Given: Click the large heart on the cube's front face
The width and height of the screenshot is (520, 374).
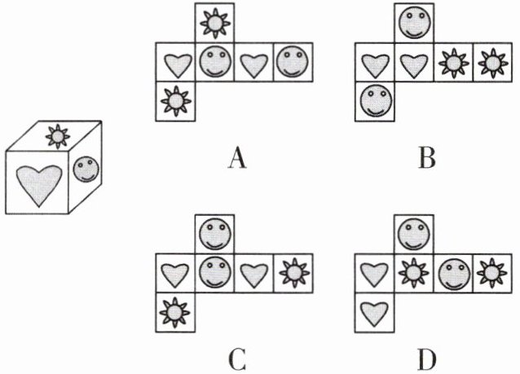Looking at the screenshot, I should [x=39, y=183].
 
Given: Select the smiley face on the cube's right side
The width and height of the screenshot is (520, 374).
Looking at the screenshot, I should [x=83, y=170].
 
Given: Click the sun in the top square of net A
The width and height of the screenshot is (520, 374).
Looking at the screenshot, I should [x=215, y=23].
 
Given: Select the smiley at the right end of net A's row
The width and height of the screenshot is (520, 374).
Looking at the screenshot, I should [x=293, y=61].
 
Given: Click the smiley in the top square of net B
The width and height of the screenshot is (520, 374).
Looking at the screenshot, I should [x=412, y=23].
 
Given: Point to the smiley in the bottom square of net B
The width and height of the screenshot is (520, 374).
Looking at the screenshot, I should [x=374, y=101].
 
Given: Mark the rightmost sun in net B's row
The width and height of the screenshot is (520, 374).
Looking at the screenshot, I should [x=491, y=62].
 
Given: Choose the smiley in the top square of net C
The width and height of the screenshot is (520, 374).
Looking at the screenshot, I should [x=215, y=234].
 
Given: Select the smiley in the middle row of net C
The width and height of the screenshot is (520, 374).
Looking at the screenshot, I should [x=215, y=272].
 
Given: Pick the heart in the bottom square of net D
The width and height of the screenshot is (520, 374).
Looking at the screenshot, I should [x=374, y=311].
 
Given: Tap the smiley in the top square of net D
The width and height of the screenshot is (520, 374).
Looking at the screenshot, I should [x=412, y=234].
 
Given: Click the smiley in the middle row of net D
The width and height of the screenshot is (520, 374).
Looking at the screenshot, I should [x=452, y=272].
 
